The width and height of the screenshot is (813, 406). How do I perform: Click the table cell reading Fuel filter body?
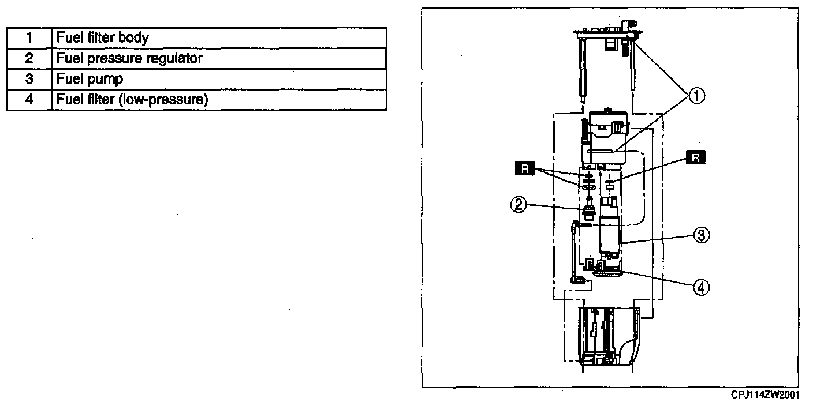click(x=102, y=38)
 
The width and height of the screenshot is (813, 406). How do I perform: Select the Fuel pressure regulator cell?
click(x=129, y=58)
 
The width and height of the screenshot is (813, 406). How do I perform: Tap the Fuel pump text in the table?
click(x=89, y=79)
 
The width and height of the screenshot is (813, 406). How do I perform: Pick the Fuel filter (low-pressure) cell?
click(x=132, y=100)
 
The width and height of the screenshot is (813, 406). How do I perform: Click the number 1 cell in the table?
click(x=29, y=38)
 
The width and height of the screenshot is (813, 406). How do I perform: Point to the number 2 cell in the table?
click(x=29, y=58)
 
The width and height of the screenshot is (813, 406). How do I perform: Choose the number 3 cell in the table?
click(x=29, y=79)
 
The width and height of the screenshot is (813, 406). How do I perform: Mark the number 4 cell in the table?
click(x=29, y=100)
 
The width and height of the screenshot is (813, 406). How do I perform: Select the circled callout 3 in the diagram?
click(x=701, y=235)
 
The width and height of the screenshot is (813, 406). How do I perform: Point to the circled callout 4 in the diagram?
click(x=701, y=287)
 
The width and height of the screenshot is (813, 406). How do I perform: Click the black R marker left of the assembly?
click(x=523, y=168)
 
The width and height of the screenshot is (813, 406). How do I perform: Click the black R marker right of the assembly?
click(x=696, y=158)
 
